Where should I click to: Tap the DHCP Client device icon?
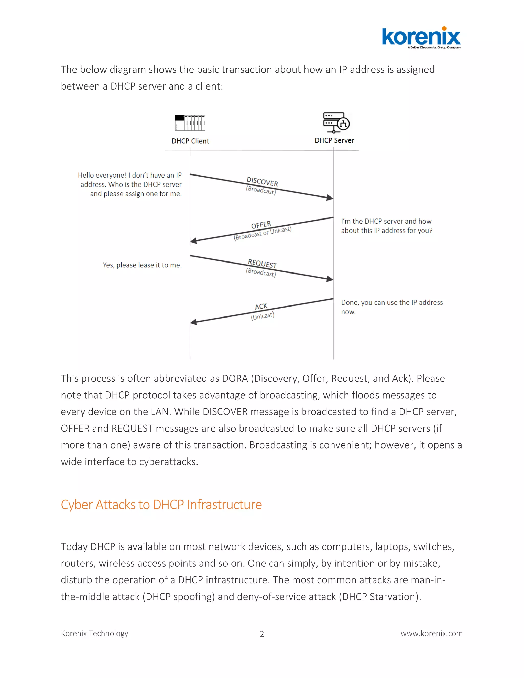(190, 123)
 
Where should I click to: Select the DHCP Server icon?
(336, 122)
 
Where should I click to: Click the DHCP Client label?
(190, 141)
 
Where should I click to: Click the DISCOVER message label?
(262, 181)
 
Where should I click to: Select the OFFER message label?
(261, 225)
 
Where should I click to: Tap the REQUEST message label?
(262, 264)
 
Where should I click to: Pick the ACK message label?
(261, 307)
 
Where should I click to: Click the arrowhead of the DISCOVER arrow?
(330, 198)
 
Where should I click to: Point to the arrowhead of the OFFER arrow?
(193, 240)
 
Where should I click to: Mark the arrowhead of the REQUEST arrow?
(330, 279)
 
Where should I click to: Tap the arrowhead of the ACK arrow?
(193, 322)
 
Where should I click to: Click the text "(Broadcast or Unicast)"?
(263, 233)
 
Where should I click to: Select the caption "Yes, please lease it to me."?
(142, 265)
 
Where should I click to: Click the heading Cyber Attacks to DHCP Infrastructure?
(161, 505)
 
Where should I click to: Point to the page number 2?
(262, 634)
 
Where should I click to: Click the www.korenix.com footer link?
(431, 633)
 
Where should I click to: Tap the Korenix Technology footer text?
(95, 633)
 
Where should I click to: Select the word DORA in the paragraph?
(235, 378)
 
